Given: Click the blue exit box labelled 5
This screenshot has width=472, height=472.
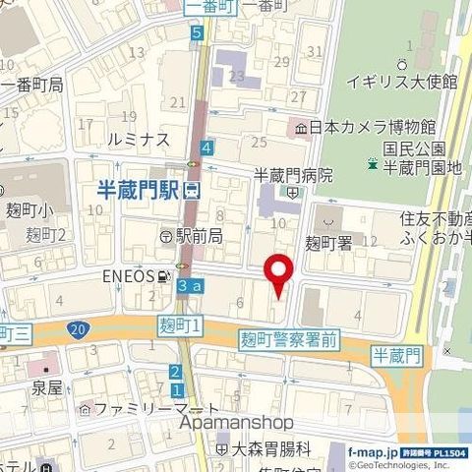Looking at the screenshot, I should pos(198,33).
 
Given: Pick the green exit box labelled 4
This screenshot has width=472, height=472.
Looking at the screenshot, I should pos(206,148).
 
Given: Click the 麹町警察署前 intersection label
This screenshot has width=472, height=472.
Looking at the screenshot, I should pos(289,339).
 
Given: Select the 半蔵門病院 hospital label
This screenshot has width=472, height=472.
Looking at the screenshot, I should pos(293,175).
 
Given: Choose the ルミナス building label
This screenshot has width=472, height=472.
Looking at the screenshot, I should pos(140,141).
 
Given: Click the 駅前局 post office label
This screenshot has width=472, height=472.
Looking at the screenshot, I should pos(198,236).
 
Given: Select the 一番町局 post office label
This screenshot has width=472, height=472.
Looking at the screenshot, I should pos(34,86).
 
